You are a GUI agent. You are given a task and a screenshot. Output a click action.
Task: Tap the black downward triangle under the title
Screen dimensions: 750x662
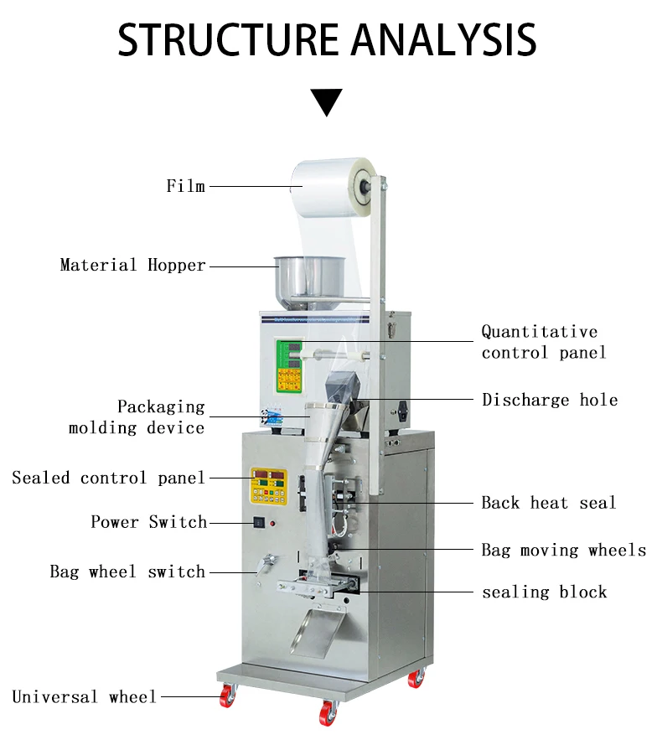click(x=327, y=101)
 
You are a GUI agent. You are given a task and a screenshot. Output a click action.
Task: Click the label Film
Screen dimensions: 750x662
click(x=185, y=186)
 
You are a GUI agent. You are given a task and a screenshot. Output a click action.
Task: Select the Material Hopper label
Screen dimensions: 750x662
click(x=132, y=266)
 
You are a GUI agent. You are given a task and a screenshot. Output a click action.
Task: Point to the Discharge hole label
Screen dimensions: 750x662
click(x=550, y=400)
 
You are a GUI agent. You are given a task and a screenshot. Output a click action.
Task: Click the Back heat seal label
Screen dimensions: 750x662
click(x=548, y=503)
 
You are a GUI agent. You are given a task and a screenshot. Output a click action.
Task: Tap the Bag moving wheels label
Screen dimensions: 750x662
click(x=563, y=551)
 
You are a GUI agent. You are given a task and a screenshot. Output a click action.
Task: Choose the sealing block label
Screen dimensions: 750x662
click(x=544, y=592)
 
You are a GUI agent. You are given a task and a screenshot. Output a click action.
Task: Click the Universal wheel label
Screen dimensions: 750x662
click(x=84, y=697)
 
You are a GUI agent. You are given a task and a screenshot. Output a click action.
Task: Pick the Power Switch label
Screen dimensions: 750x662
click(x=148, y=522)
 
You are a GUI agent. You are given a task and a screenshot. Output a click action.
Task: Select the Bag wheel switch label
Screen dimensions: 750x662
click(x=127, y=572)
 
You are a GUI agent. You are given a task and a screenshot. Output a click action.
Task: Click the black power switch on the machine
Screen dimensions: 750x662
click(x=260, y=525)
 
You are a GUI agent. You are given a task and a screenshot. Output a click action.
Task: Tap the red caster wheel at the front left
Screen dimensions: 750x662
click(x=227, y=695)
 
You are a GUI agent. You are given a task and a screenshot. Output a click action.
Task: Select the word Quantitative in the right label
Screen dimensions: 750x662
click(x=539, y=332)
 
